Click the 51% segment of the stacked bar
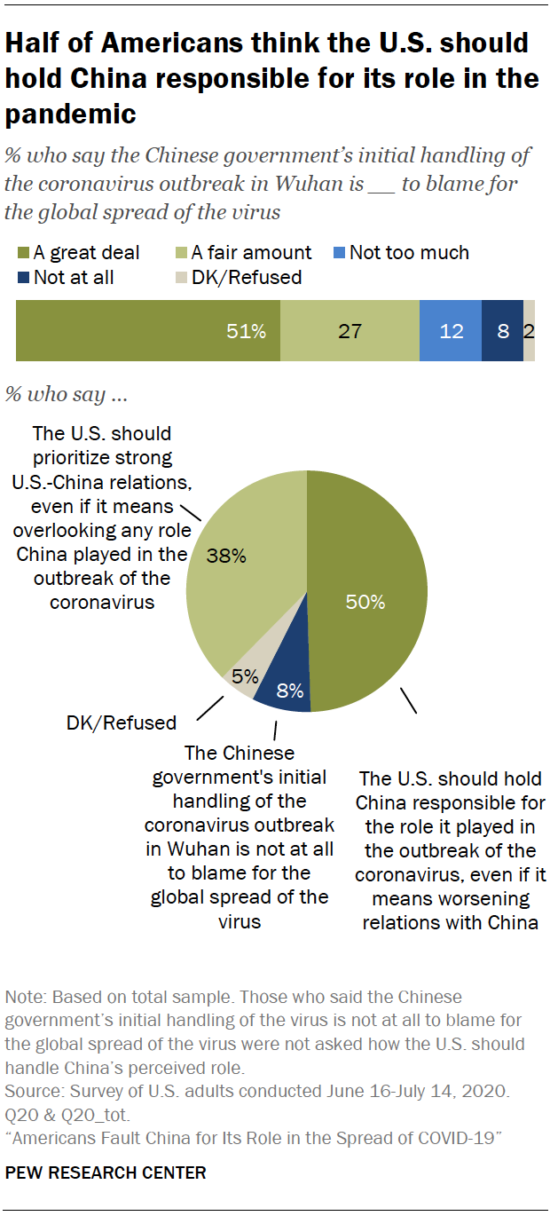148,330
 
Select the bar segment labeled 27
350,330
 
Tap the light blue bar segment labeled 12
451,330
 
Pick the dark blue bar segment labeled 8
502,330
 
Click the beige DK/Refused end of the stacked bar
529,330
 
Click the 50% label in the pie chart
365,602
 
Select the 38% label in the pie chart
225,557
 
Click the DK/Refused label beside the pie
122,722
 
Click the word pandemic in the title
71,114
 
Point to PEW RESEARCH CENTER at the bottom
106,1173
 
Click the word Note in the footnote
23,998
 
